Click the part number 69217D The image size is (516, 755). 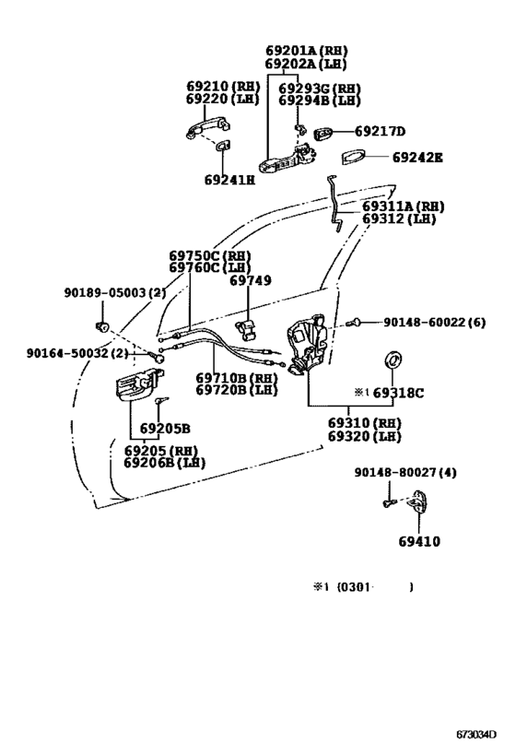(380, 132)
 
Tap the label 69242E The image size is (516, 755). (417, 158)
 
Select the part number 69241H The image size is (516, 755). (229, 180)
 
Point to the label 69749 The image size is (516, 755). (251, 280)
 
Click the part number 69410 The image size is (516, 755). (419, 541)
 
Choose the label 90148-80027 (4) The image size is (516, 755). (405, 472)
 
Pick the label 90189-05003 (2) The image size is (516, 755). (115, 292)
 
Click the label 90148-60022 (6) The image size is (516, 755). (434, 322)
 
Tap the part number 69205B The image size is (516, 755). (165, 428)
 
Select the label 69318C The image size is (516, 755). (399, 393)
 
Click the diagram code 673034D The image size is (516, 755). (476, 735)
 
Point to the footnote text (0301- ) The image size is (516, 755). (374, 587)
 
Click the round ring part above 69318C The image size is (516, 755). (393, 360)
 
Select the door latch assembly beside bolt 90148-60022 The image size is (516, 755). (306, 344)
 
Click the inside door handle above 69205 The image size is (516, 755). (139, 384)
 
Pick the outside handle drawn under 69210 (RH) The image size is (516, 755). (207, 128)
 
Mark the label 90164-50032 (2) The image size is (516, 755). (77, 353)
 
